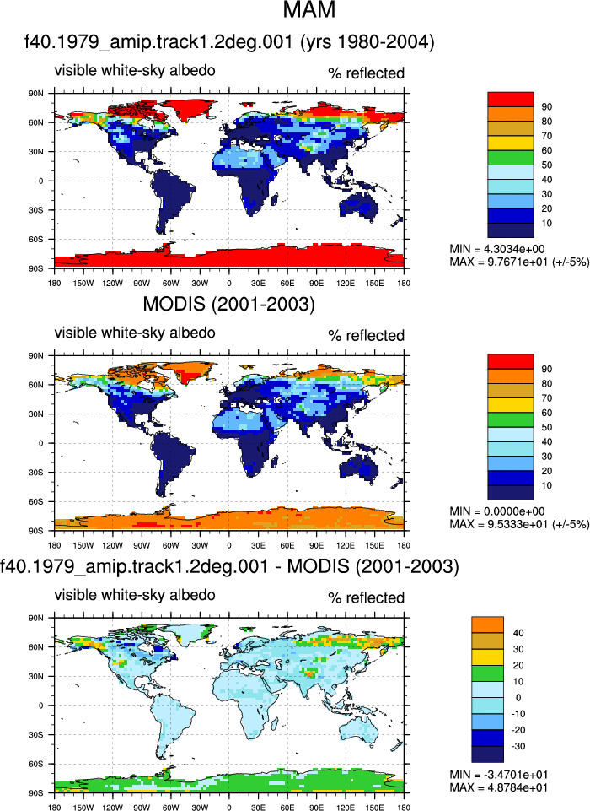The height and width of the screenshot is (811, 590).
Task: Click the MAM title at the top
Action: click(x=309, y=9)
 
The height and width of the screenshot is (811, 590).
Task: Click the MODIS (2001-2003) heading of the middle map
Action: click(x=228, y=304)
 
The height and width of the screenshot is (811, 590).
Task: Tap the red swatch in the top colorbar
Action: click(x=511, y=100)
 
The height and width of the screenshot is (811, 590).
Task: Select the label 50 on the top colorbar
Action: click(x=547, y=165)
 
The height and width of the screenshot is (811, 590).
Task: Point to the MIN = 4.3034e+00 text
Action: click(x=496, y=249)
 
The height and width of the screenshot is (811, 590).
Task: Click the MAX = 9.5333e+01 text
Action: click(x=519, y=524)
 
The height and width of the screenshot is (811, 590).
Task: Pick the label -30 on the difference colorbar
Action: click(x=518, y=746)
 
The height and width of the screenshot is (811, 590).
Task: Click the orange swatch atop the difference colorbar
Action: click(x=487, y=624)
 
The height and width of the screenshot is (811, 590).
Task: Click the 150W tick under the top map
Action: click(x=83, y=283)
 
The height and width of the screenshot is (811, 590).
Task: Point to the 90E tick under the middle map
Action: click(x=316, y=545)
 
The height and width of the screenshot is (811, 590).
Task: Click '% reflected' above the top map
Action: click(x=367, y=73)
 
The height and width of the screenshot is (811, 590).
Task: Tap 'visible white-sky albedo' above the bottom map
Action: click(x=135, y=595)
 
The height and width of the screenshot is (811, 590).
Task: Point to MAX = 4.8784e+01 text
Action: click(x=498, y=787)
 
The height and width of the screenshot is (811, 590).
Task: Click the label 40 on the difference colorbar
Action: click(x=518, y=633)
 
